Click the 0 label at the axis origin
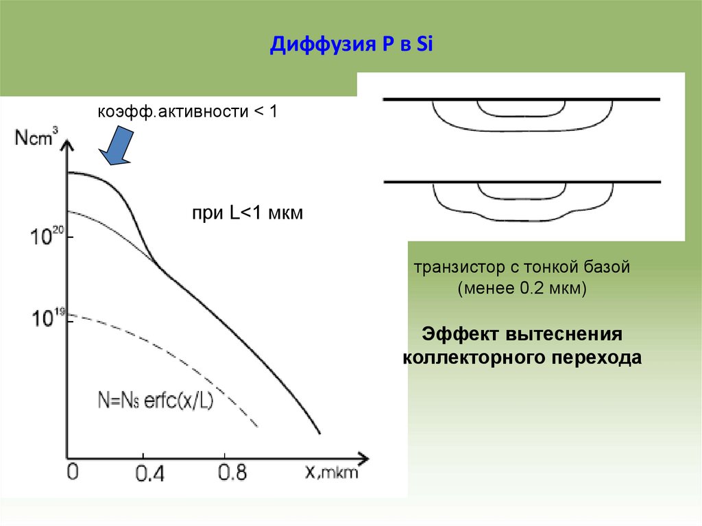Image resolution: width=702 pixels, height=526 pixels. [x=74, y=472]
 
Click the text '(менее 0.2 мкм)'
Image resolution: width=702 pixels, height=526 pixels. [x=522, y=288]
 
